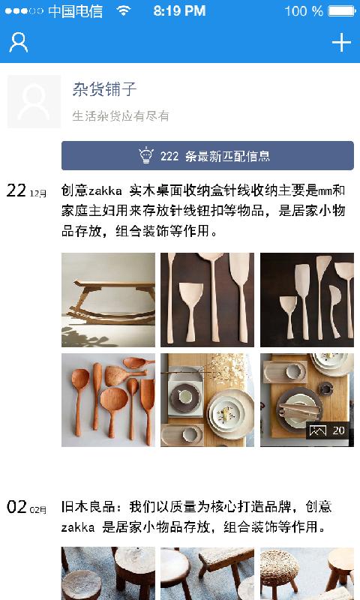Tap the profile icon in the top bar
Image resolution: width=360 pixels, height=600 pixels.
[x=18, y=43]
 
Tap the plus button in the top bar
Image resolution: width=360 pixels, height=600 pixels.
[x=341, y=43]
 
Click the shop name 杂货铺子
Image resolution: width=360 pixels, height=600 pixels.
[x=104, y=90]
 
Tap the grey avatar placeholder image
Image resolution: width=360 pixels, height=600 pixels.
[x=34, y=101]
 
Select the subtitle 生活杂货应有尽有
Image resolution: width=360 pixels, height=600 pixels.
[x=120, y=116]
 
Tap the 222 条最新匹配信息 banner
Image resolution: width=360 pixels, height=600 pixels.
[x=207, y=156]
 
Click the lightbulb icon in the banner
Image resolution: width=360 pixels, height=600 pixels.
[x=146, y=156]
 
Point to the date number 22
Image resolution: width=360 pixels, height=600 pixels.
[x=16, y=190]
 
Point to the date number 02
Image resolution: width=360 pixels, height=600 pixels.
[x=16, y=508]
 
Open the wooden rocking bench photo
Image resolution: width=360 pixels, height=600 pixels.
[x=108, y=299]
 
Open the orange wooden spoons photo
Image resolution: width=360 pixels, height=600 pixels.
[x=108, y=400]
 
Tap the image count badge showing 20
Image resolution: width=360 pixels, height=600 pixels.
[x=328, y=430]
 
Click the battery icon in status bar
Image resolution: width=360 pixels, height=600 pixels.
[x=342, y=11]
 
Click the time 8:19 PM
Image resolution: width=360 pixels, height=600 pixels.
[x=179, y=11]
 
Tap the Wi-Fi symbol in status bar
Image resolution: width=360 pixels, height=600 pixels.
[x=124, y=11]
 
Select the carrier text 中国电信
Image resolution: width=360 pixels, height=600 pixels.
[x=75, y=11]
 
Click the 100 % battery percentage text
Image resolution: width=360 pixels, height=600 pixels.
[x=304, y=11]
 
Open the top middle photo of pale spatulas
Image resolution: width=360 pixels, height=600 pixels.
[x=207, y=299]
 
